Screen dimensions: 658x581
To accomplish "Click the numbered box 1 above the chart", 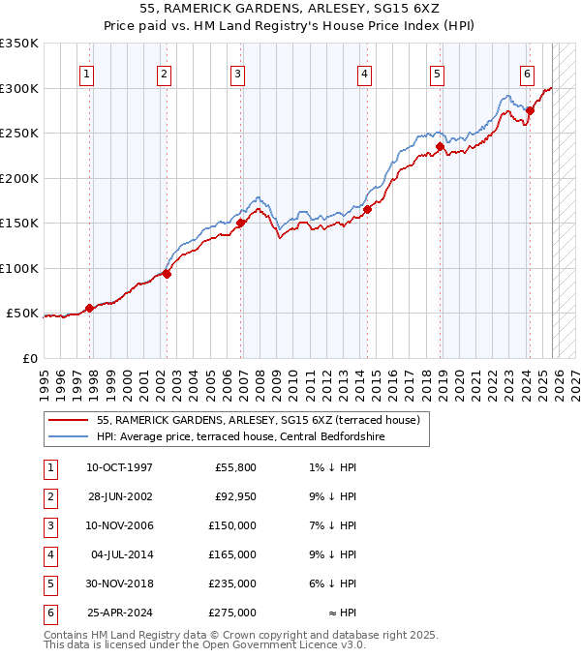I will [x=87, y=73].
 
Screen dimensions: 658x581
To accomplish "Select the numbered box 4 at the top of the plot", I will [x=364, y=73].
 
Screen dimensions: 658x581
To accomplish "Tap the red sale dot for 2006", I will [x=240, y=223].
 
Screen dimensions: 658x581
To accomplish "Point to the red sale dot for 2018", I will [x=440, y=147].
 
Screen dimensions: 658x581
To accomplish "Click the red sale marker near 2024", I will [x=530, y=110].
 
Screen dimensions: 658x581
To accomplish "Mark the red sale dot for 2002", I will [x=167, y=274].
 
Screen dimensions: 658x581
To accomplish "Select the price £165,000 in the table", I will [x=232, y=555].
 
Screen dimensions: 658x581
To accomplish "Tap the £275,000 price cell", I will [x=232, y=613].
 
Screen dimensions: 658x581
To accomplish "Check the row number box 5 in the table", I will [x=48, y=584].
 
